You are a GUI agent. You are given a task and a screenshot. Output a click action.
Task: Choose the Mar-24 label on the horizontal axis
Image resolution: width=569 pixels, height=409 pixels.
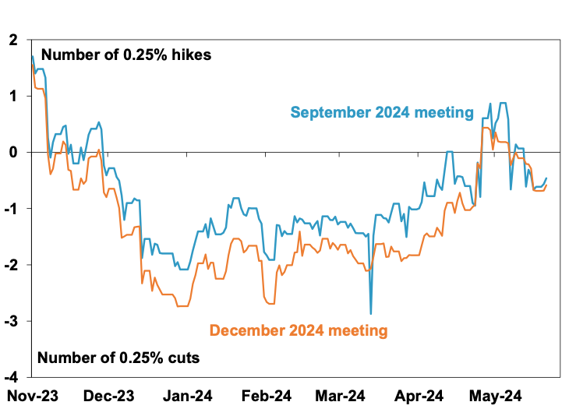tap(344, 395)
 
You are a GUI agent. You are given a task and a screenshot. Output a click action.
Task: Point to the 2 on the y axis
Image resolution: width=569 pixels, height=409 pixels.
tap(13, 39)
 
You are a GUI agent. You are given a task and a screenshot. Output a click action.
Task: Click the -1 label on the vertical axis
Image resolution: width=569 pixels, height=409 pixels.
tap(11, 209)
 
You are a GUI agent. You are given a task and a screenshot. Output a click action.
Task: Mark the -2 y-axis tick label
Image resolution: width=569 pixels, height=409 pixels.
tap(11, 265)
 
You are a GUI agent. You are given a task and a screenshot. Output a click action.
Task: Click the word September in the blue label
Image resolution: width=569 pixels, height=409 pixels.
tap(332, 113)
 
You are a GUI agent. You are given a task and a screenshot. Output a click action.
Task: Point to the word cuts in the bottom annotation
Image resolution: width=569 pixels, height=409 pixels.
tap(182, 358)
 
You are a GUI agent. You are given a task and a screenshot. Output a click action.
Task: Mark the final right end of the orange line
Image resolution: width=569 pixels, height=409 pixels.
tap(546, 185)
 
